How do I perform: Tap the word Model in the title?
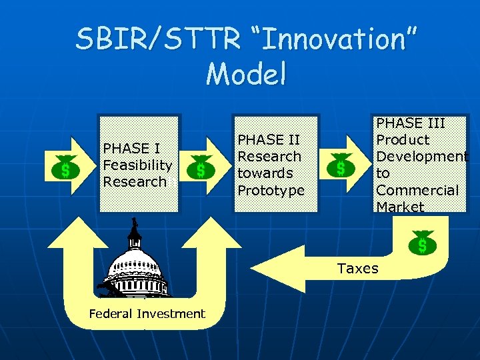246,74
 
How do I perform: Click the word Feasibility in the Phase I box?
137,165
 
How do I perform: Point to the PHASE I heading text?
130,148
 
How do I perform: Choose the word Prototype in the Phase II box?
271,190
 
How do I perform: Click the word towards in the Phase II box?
265,173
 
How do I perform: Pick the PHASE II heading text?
269,140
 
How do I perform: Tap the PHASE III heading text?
411,123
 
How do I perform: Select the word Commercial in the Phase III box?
417,190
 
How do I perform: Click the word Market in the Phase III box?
400,207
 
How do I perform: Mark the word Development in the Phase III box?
422,157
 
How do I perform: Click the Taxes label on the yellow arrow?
357,269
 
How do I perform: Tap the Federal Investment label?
147,314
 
